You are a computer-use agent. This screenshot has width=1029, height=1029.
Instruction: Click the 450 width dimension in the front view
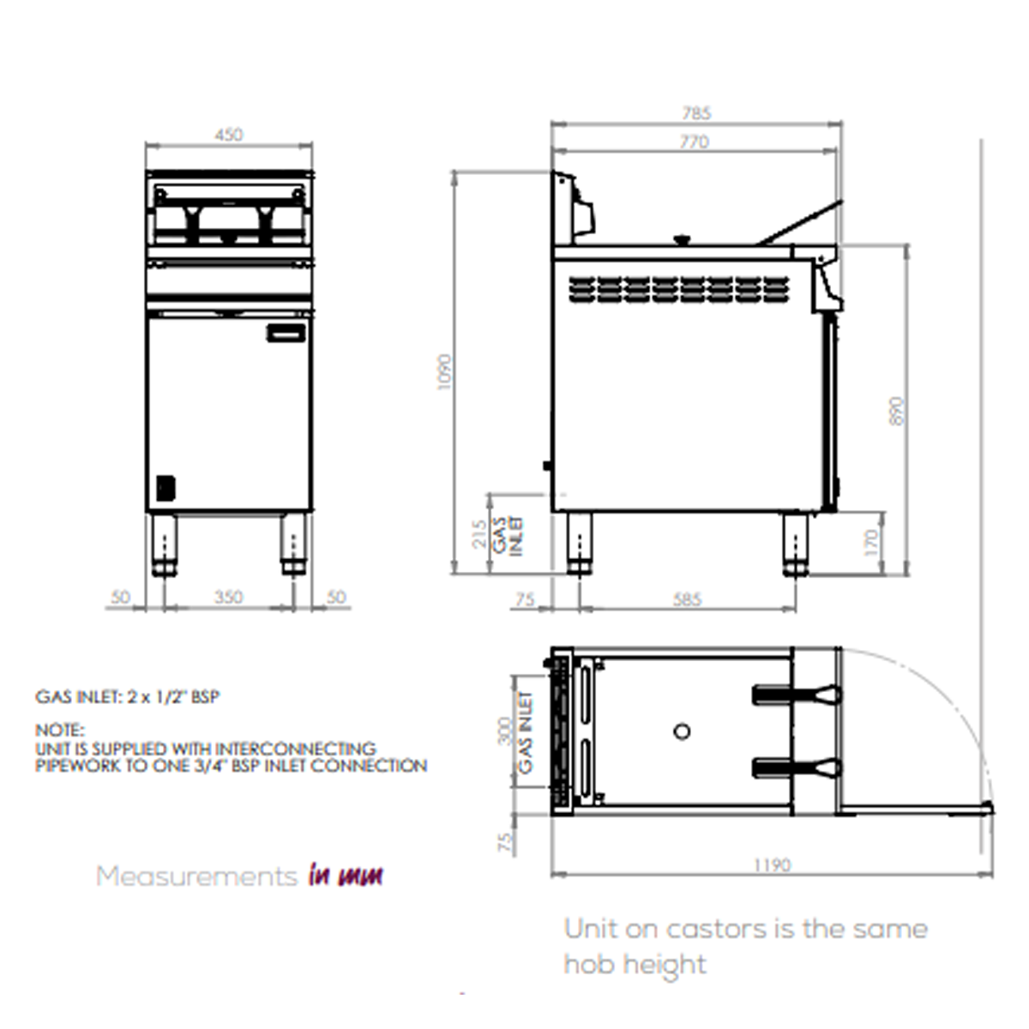[x=229, y=135]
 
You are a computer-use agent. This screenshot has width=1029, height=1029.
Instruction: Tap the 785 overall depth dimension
[x=696, y=113]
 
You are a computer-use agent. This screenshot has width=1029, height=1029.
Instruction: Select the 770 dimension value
[x=694, y=141]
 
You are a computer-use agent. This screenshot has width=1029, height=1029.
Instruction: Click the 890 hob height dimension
[x=897, y=413]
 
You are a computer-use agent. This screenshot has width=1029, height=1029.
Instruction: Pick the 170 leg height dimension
[x=871, y=541]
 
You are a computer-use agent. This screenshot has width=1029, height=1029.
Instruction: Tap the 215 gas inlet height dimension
[x=479, y=533]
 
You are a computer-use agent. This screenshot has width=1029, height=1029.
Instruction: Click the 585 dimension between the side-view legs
[x=687, y=599]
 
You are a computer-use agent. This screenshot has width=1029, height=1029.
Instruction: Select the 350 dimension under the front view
[x=228, y=598]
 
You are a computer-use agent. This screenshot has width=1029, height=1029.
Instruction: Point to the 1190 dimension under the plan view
[x=771, y=865]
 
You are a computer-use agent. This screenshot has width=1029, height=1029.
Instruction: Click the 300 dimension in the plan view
[x=505, y=731]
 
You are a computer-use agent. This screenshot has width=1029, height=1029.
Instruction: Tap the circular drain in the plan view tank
[x=682, y=731]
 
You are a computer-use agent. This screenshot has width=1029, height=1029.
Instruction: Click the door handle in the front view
[x=286, y=334]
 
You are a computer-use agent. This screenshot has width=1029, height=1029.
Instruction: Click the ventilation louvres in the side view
[x=677, y=287]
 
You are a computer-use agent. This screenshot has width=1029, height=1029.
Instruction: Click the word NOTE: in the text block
[x=60, y=731]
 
